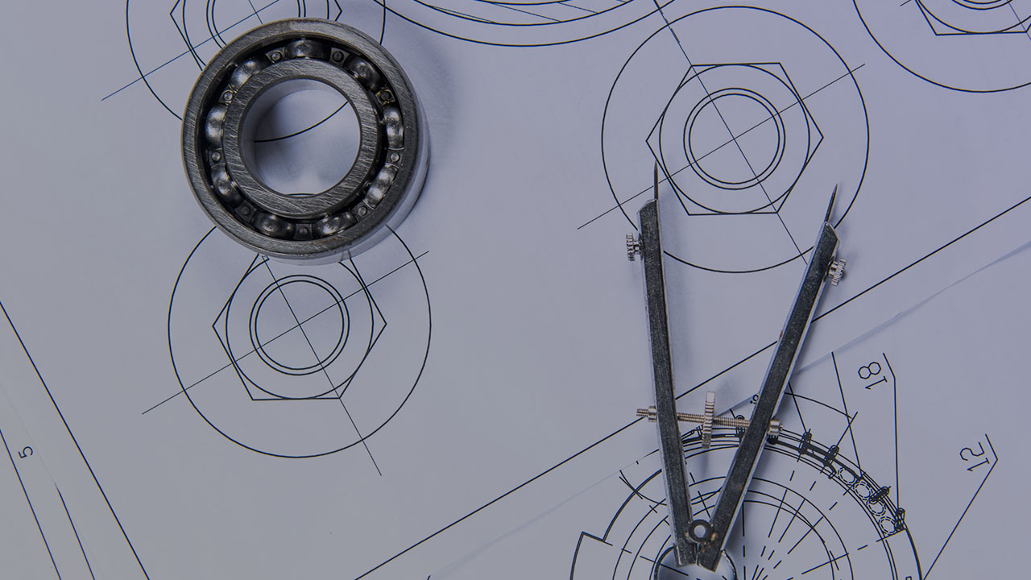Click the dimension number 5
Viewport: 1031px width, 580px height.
(27, 451)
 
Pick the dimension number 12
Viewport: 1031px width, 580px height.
(972, 457)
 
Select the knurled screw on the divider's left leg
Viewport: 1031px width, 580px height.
(633, 247)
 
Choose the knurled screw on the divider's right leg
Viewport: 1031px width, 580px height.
(837, 269)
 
